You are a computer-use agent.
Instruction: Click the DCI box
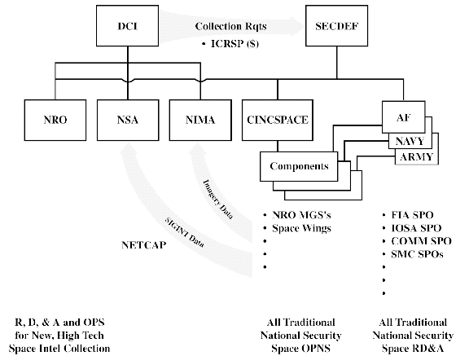127,26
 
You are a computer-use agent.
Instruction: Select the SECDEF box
336,26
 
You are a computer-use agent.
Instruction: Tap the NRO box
55,120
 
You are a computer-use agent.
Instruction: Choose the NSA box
128,120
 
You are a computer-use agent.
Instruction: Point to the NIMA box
200,120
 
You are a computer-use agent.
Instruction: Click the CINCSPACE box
278,120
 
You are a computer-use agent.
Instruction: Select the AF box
404,117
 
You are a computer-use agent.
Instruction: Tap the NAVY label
410,141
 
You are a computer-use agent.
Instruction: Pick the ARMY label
416,157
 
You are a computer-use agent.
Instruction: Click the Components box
299,166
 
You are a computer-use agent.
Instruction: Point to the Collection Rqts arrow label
231,26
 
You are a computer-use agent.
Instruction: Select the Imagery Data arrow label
217,199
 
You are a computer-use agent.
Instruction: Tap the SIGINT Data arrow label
185,232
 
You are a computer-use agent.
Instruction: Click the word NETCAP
143,245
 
